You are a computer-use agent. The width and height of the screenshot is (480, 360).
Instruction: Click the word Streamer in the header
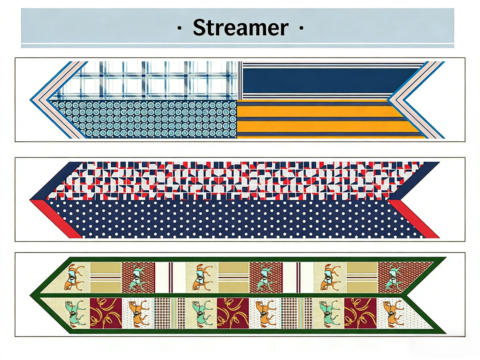(241, 28)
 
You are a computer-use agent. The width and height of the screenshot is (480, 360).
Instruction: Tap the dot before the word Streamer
(179, 28)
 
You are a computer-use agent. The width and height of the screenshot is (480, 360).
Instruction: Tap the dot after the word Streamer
(301, 28)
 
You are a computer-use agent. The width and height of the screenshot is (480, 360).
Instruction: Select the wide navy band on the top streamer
(330, 80)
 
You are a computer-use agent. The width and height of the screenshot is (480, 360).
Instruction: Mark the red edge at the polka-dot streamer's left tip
(55, 219)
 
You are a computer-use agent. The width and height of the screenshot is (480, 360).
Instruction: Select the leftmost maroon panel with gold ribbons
(106, 313)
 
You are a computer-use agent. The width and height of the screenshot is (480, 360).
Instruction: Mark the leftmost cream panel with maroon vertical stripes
(170, 277)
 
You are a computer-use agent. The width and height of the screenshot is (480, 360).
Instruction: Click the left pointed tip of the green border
(31, 296)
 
